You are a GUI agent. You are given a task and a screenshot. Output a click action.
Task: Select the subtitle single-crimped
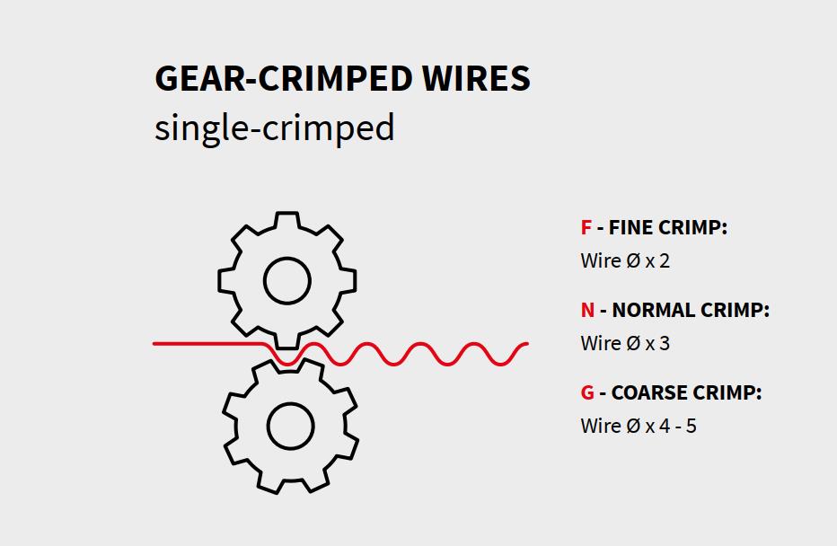(274, 128)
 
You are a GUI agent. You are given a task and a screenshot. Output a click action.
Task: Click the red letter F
(586, 227)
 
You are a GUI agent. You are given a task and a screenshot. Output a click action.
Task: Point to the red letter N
(587, 310)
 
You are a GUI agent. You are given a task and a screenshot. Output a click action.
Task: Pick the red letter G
(587, 392)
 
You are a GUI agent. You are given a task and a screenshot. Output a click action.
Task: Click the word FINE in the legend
(630, 227)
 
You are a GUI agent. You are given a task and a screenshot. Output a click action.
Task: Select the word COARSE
(649, 392)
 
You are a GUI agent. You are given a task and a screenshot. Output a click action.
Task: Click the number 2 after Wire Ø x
(665, 261)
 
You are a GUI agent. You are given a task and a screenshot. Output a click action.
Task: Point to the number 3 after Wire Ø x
(665, 344)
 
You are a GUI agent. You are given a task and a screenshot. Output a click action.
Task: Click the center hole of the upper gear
(287, 281)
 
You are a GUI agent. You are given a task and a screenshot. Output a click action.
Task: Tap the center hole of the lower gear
(290, 425)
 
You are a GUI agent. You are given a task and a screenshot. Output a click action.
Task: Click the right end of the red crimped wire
(524, 344)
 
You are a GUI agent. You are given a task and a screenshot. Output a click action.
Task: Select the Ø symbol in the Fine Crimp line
(632, 261)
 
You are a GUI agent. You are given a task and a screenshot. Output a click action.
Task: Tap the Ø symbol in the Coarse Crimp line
(632, 426)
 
